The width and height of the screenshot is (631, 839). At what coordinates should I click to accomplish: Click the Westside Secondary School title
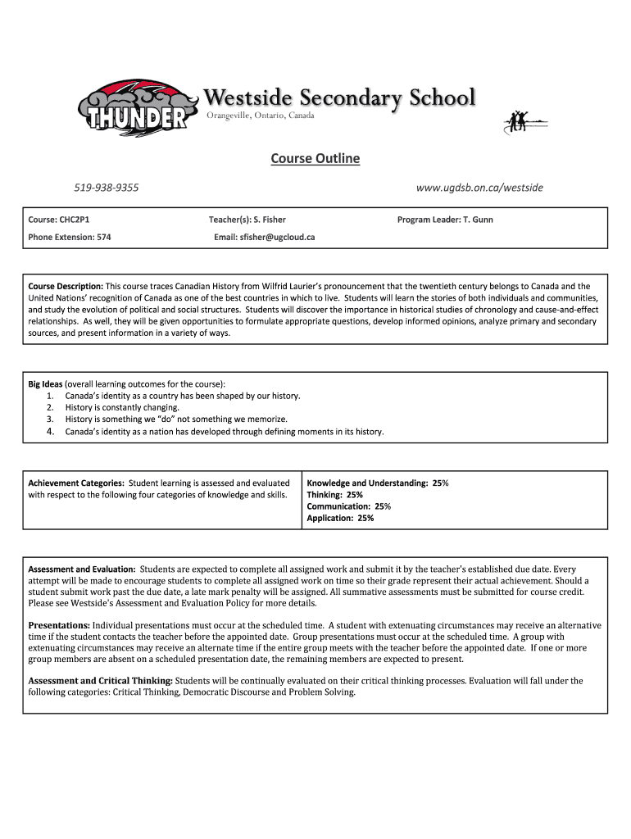[x=339, y=98]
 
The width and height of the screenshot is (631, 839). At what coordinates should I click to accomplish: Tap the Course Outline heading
[x=315, y=158]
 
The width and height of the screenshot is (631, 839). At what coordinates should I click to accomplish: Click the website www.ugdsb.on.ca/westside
[x=479, y=188]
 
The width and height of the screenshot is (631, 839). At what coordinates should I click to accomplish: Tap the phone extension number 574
[x=103, y=237]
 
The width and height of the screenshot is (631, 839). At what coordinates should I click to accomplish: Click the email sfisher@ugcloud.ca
[x=277, y=237]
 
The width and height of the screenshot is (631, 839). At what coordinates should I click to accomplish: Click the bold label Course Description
[x=66, y=287]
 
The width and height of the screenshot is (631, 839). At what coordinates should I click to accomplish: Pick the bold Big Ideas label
[x=45, y=383]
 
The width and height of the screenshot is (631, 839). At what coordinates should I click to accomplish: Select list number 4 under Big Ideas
[x=50, y=431]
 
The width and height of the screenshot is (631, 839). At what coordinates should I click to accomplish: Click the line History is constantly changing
[x=122, y=407]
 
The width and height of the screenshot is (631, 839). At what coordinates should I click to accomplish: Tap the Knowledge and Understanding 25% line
[x=377, y=483]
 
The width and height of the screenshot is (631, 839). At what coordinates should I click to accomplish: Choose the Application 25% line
[x=340, y=518]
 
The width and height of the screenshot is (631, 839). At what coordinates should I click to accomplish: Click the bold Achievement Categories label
[x=76, y=483]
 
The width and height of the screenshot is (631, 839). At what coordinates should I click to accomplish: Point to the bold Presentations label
[x=59, y=625]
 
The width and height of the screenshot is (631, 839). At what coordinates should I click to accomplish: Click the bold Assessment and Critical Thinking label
[x=100, y=680]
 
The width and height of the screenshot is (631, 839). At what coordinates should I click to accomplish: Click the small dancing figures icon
[x=519, y=121]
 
